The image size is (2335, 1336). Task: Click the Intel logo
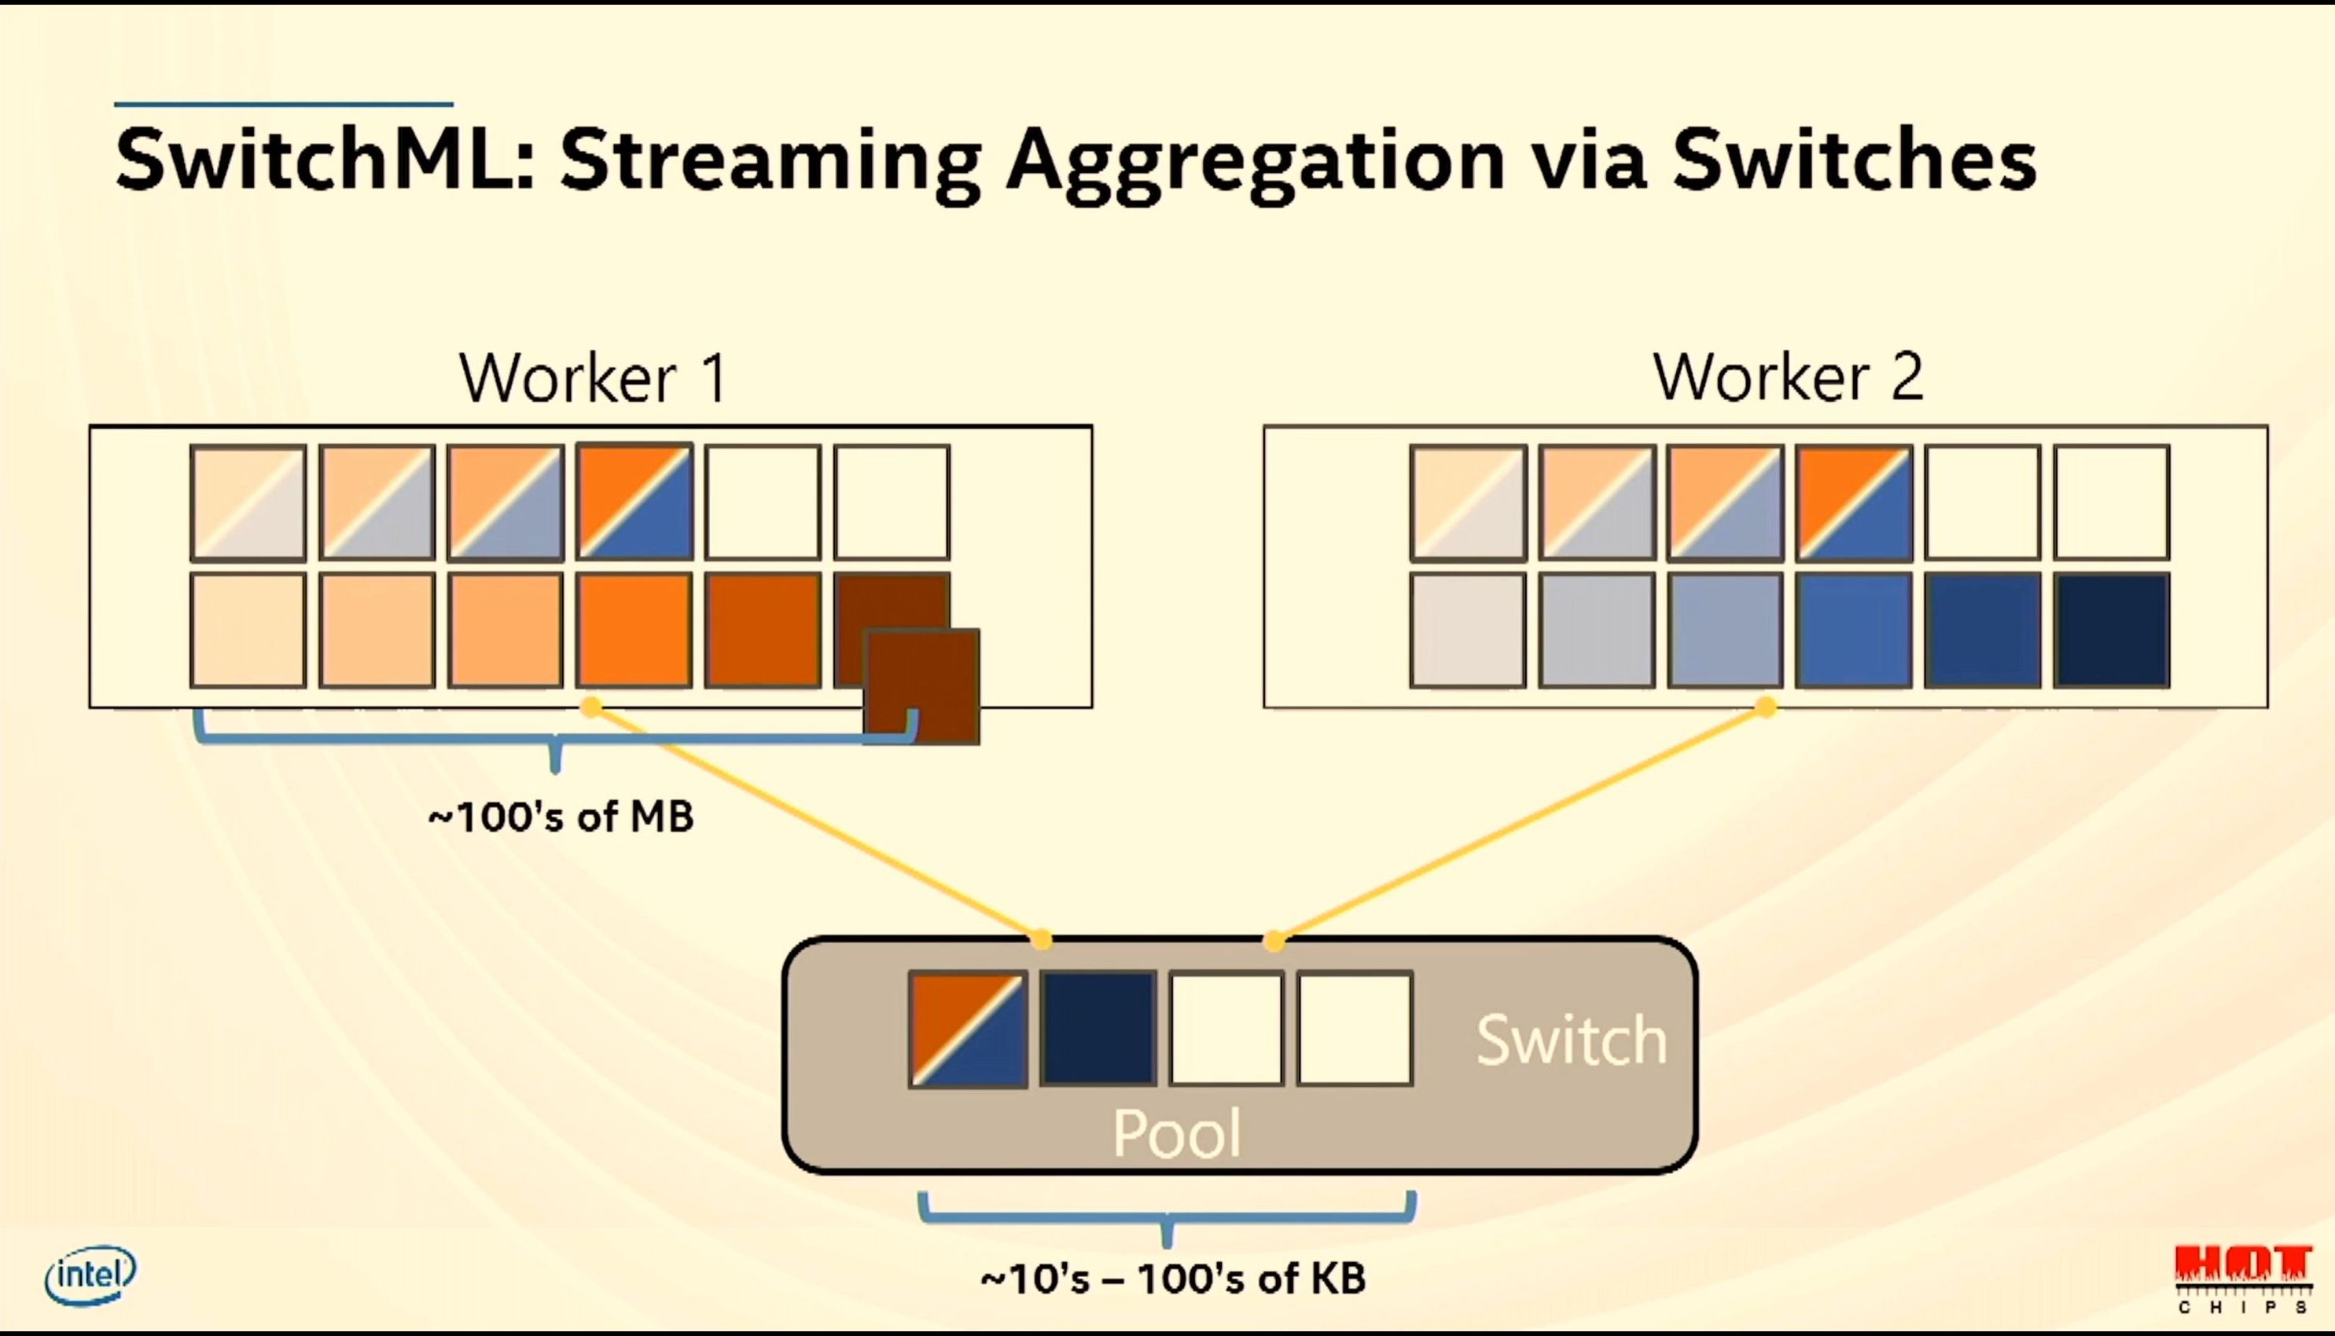[x=90, y=1275]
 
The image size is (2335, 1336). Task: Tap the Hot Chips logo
[x=2242, y=1278]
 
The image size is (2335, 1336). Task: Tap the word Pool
[x=1177, y=1132]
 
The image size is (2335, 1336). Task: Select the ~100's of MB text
[x=561, y=817]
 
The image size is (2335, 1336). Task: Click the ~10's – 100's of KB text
[x=1173, y=1278]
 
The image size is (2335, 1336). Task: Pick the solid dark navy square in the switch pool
[x=1098, y=1030]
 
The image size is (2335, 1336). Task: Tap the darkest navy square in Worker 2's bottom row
[x=2112, y=630]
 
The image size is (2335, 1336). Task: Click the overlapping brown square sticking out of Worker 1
[x=922, y=686]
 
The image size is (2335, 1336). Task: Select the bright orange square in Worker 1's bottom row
[x=634, y=630]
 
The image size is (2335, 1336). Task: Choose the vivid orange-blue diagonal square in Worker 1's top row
[x=634, y=502]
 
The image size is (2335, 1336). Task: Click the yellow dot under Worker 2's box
[x=1766, y=707]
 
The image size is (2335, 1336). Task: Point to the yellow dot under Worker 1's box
[x=592, y=707]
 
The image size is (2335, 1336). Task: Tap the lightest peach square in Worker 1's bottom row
[x=248, y=630]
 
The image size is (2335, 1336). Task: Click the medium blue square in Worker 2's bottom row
[x=1854, y=630]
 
